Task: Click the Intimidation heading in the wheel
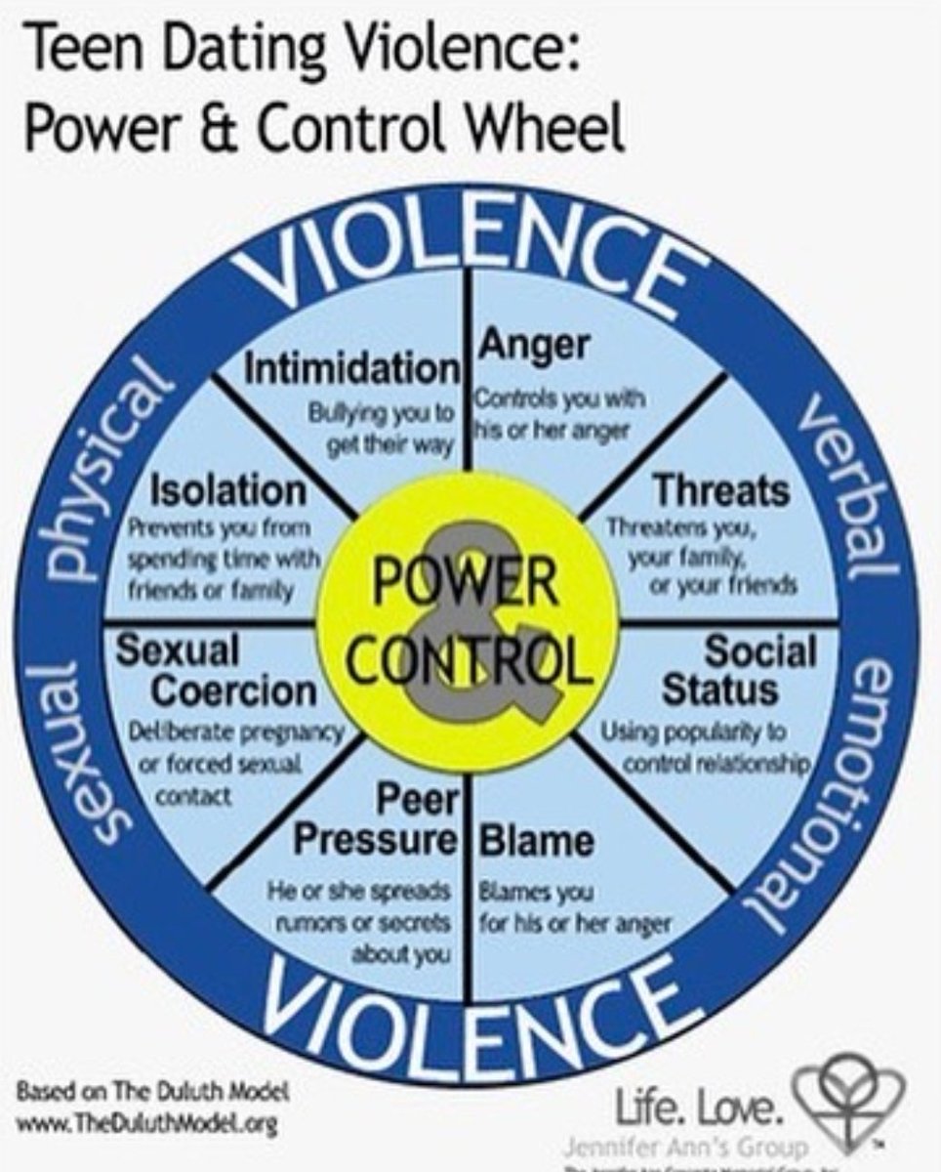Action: [x=350, y=369]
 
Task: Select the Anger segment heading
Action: [x=532, y=345]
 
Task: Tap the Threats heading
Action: [x=721, y=489]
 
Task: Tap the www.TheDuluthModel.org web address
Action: [x=146, y=1124]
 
